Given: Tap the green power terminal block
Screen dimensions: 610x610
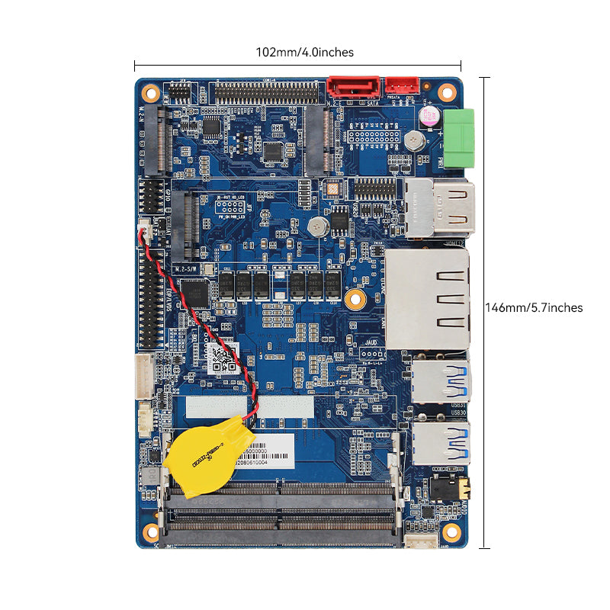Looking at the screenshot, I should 460,138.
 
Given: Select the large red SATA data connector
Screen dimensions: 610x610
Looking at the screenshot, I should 353,87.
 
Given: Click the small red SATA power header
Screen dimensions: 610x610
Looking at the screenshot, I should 402,86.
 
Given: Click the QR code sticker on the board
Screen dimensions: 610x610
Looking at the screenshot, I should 223,357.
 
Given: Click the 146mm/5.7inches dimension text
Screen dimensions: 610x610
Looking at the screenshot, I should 534,308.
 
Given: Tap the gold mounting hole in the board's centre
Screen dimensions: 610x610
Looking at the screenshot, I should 353,299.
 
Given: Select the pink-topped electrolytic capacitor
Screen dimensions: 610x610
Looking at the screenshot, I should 428,117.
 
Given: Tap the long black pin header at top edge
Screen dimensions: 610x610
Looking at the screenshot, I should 267,93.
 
